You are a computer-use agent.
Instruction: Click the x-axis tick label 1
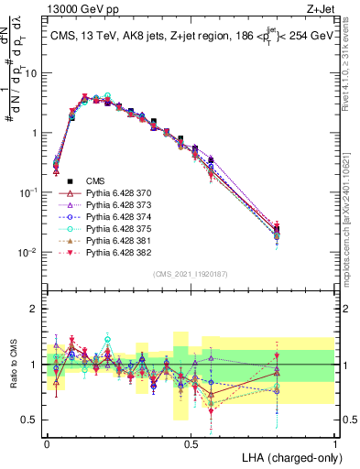(334, 442)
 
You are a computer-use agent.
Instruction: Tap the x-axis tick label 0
(47, 442)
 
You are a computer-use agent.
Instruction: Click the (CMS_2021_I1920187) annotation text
(190, 272)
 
